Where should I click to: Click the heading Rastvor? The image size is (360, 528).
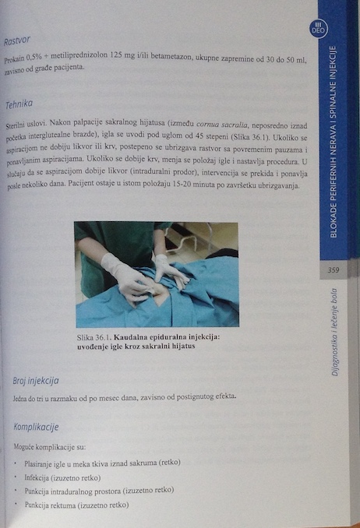click(x=17, y=41)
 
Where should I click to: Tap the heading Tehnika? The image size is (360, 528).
click(x=19, y=104)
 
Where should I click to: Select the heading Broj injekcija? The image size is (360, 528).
click(x=36, y=381)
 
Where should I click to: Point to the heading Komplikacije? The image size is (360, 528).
click(x=36, y=427)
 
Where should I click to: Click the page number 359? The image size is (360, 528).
click(x=333, y=270)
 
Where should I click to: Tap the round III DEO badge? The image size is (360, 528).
click(x=318, y=28)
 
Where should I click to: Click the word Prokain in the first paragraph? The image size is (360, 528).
click(x=15, y=59)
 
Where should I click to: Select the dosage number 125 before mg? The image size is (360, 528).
click(x=115, y=55)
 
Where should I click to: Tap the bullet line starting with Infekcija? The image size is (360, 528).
click(x=62, y=478)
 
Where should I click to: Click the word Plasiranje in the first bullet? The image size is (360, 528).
click(x=37, y=464)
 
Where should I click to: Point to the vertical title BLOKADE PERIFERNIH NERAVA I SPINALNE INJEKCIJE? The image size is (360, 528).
click(x=334, y=142)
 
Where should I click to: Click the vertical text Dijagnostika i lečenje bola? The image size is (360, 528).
click(x=334, y=332)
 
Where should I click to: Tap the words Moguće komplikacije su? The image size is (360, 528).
click(x=50, y=447)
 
